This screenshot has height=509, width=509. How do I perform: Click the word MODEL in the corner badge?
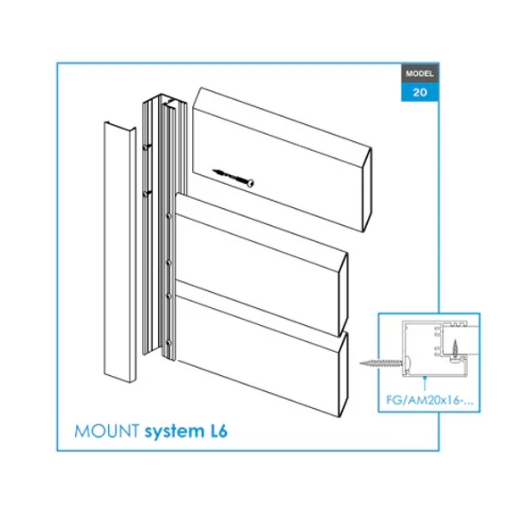pyautogui.click(x=420, y=73)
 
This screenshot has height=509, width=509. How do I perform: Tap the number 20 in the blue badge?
pyautogui.click(x=420, y=92)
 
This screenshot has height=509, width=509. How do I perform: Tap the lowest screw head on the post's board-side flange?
pyautogui.click(x=170, y=344)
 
